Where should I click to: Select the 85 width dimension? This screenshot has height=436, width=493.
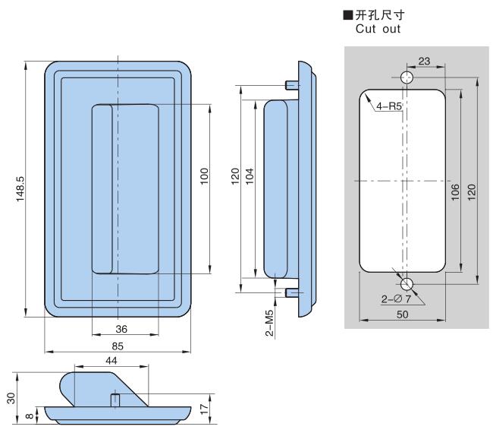tap(118, 346)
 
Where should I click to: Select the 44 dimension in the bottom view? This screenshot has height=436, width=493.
tap(111, 362)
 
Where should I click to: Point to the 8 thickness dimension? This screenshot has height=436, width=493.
tap(29, 415)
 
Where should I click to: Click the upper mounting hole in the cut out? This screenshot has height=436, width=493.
tap(407, 79)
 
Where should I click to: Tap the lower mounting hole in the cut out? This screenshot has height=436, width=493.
tap(407, 284)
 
